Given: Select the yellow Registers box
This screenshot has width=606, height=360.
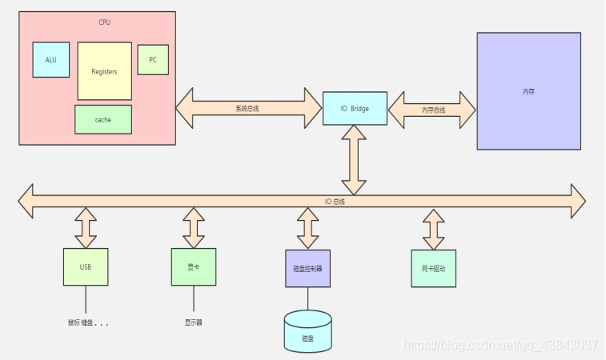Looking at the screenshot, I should (104, 71).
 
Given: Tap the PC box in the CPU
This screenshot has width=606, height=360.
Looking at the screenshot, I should (153, 60).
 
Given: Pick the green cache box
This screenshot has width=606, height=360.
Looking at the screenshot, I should (102, 119).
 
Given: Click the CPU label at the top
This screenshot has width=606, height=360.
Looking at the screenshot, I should (105, 22).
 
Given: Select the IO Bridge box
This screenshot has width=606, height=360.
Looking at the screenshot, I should (355, 108).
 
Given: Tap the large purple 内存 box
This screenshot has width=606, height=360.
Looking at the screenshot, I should (528, 91).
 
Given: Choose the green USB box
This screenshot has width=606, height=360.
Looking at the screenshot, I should (86, 267).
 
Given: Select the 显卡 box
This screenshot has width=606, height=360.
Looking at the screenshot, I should (194, 267).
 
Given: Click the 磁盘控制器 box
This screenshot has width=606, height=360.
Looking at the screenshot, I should (307, 269).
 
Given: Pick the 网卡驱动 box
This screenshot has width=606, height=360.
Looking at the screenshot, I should (433, 269).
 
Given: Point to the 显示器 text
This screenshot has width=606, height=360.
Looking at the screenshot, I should (194, 323).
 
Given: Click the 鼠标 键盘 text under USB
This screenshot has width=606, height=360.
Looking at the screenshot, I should (88, 323).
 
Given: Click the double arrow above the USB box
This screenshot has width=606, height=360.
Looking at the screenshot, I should (86, 229).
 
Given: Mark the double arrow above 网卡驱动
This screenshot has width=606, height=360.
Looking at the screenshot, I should (433, 230).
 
